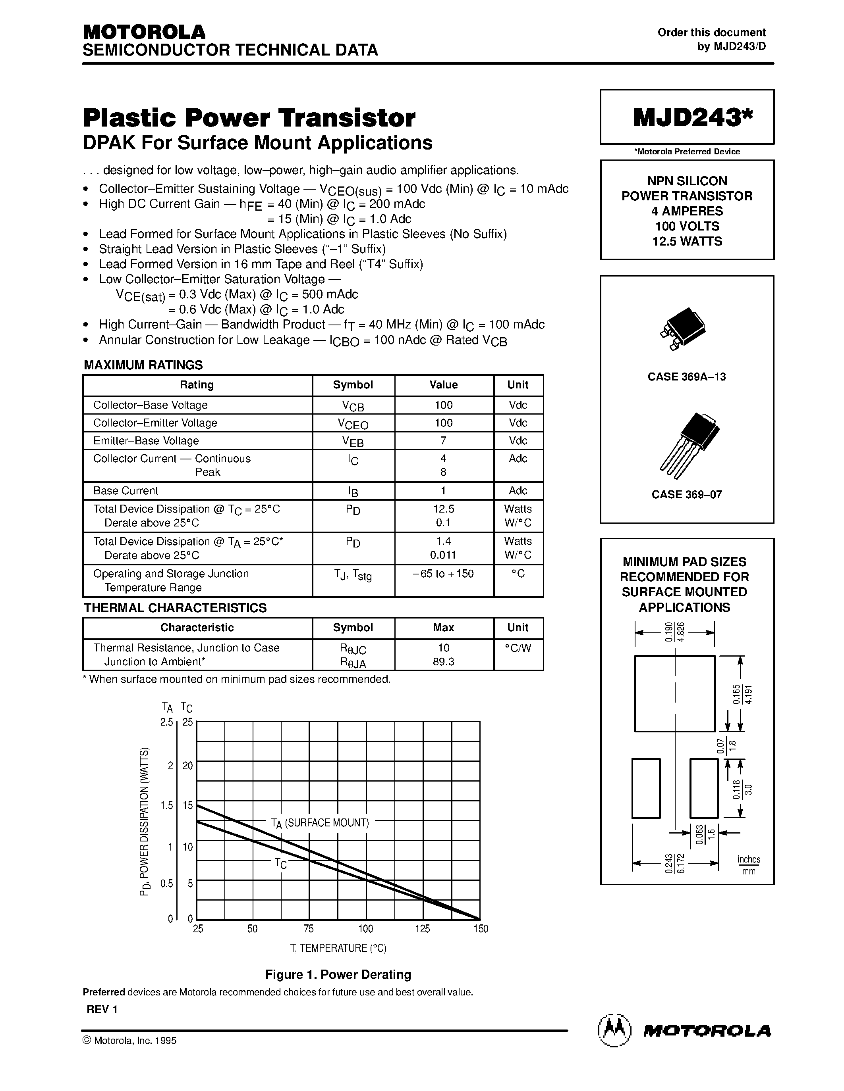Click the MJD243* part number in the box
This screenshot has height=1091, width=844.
[x=693, y=118]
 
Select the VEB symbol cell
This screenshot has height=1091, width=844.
[x=353, y=441]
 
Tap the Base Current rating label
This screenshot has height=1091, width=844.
[x=126, y=490]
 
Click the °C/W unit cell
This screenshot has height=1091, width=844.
[x=518, y=648]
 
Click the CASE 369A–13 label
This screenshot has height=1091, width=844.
[x=686, y=376]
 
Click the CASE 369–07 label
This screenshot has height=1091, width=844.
[x=686, y=495]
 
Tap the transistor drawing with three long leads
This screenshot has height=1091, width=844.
[x=689, y=442]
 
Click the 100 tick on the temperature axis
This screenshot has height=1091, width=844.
[x=365, y=929]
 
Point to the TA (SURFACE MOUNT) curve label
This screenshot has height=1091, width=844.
[x=320, y=823]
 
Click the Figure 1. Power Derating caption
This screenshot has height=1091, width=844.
[x=338, y=975]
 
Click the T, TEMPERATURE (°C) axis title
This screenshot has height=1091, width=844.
[x=338, y=948]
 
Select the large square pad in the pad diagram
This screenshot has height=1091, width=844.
[x=674, y=693]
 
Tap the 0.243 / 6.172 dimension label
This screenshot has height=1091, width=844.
[x=674, y=863]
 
